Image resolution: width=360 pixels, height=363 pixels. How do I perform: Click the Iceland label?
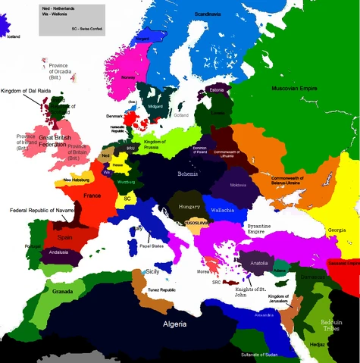click(x=14, y=36)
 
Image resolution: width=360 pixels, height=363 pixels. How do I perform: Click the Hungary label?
click(x=188, y=205)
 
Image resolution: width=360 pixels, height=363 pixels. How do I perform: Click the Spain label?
click(x=64, y=237)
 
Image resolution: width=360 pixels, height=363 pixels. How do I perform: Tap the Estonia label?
click(x=219, y=90)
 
